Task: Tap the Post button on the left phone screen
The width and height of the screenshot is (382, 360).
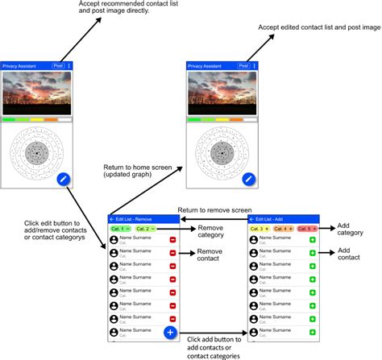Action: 57,65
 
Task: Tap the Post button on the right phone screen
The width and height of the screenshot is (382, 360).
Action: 242,65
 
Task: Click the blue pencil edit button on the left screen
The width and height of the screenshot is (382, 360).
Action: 64,179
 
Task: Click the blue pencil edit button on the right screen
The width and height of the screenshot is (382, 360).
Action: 249,179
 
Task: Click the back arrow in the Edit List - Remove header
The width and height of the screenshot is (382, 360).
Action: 112,219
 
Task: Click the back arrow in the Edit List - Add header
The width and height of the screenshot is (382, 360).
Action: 251,219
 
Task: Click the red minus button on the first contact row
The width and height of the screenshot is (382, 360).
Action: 172,241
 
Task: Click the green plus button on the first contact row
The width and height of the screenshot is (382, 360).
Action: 313,241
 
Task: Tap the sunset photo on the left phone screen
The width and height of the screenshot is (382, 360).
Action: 37,93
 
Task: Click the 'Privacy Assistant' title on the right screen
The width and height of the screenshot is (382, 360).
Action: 206,65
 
